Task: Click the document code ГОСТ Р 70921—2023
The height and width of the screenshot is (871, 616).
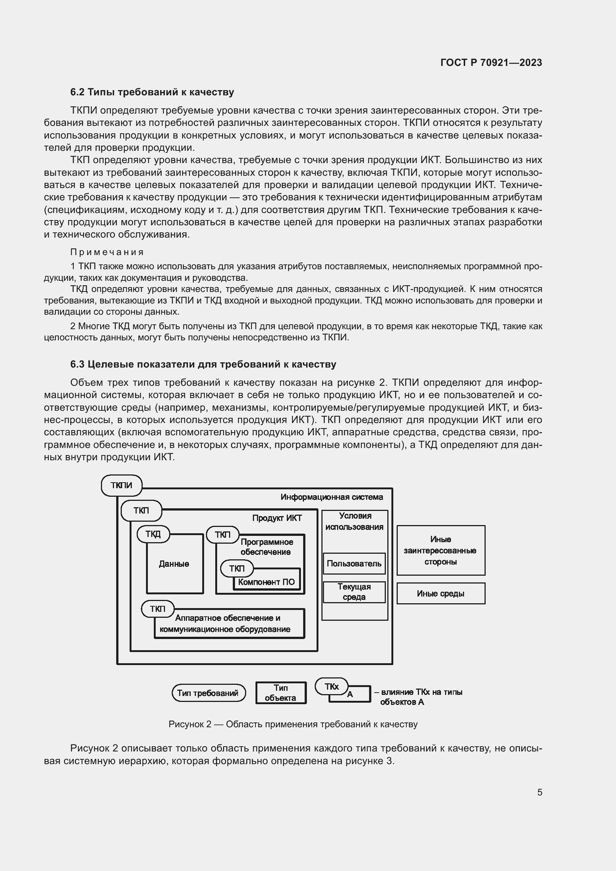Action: [491, 63]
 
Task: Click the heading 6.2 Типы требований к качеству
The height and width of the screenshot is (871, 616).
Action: [152, 92]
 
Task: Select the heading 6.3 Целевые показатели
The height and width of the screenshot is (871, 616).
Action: [203, 364]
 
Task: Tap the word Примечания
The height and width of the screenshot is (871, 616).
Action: [107, 252]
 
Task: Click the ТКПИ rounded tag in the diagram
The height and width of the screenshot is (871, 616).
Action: [121, 485]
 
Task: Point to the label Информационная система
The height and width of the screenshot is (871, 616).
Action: [331, 497]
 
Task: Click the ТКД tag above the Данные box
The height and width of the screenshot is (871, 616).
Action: [153, 534]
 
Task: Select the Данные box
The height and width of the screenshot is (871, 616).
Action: [174, 564]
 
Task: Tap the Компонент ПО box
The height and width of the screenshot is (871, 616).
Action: [266, 582]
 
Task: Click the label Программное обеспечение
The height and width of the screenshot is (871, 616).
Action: [267, 547]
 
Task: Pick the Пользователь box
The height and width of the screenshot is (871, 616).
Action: [354, 564]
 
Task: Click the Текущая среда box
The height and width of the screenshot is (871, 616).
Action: [354, 592]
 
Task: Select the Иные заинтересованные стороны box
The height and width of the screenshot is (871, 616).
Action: [440, 550]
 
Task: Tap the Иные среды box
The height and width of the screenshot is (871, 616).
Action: [440, 594]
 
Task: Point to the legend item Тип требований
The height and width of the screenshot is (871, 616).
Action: [208, 693]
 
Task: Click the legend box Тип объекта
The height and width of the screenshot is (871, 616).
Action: [281, 693]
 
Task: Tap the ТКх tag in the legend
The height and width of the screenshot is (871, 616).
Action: [331, 686]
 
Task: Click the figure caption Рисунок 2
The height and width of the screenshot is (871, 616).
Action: [293, 724]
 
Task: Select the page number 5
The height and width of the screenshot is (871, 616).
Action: [539, 792]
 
